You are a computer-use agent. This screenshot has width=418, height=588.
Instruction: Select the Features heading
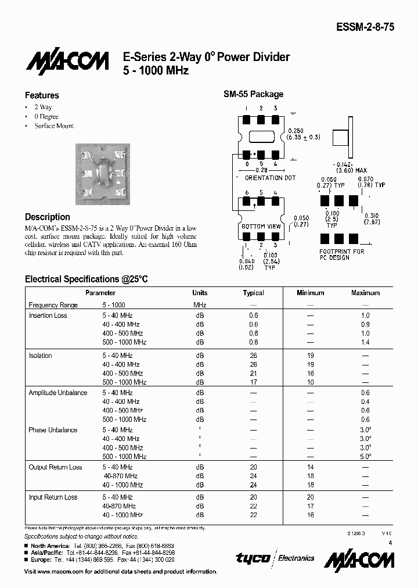(42, 95)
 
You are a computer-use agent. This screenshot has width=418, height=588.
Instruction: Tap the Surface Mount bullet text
(54, 126)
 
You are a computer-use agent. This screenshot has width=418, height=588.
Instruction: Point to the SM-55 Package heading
(254, 94)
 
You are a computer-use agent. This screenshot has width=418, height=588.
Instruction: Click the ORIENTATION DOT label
(271, 178)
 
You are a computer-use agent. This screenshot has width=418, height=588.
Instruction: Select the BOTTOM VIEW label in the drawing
(261, 226)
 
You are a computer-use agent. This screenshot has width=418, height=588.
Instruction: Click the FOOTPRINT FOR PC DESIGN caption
(342, 254)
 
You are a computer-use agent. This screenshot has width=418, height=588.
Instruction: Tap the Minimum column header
(310, 293)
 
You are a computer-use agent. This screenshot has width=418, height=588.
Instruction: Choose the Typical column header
(253, 293)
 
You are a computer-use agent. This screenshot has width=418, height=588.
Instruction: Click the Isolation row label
(41, 356)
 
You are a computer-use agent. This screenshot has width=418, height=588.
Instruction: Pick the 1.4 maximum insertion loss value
(365, 342)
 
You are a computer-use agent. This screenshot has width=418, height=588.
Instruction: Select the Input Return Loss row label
(53, 497)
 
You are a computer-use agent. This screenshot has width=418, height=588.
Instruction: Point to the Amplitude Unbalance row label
(58, 393)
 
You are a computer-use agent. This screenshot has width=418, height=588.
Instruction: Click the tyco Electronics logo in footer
(275, 558)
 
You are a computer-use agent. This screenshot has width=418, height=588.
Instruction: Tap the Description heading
(48, 217)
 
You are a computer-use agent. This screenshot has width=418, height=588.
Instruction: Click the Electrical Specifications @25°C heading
(87, 279)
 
